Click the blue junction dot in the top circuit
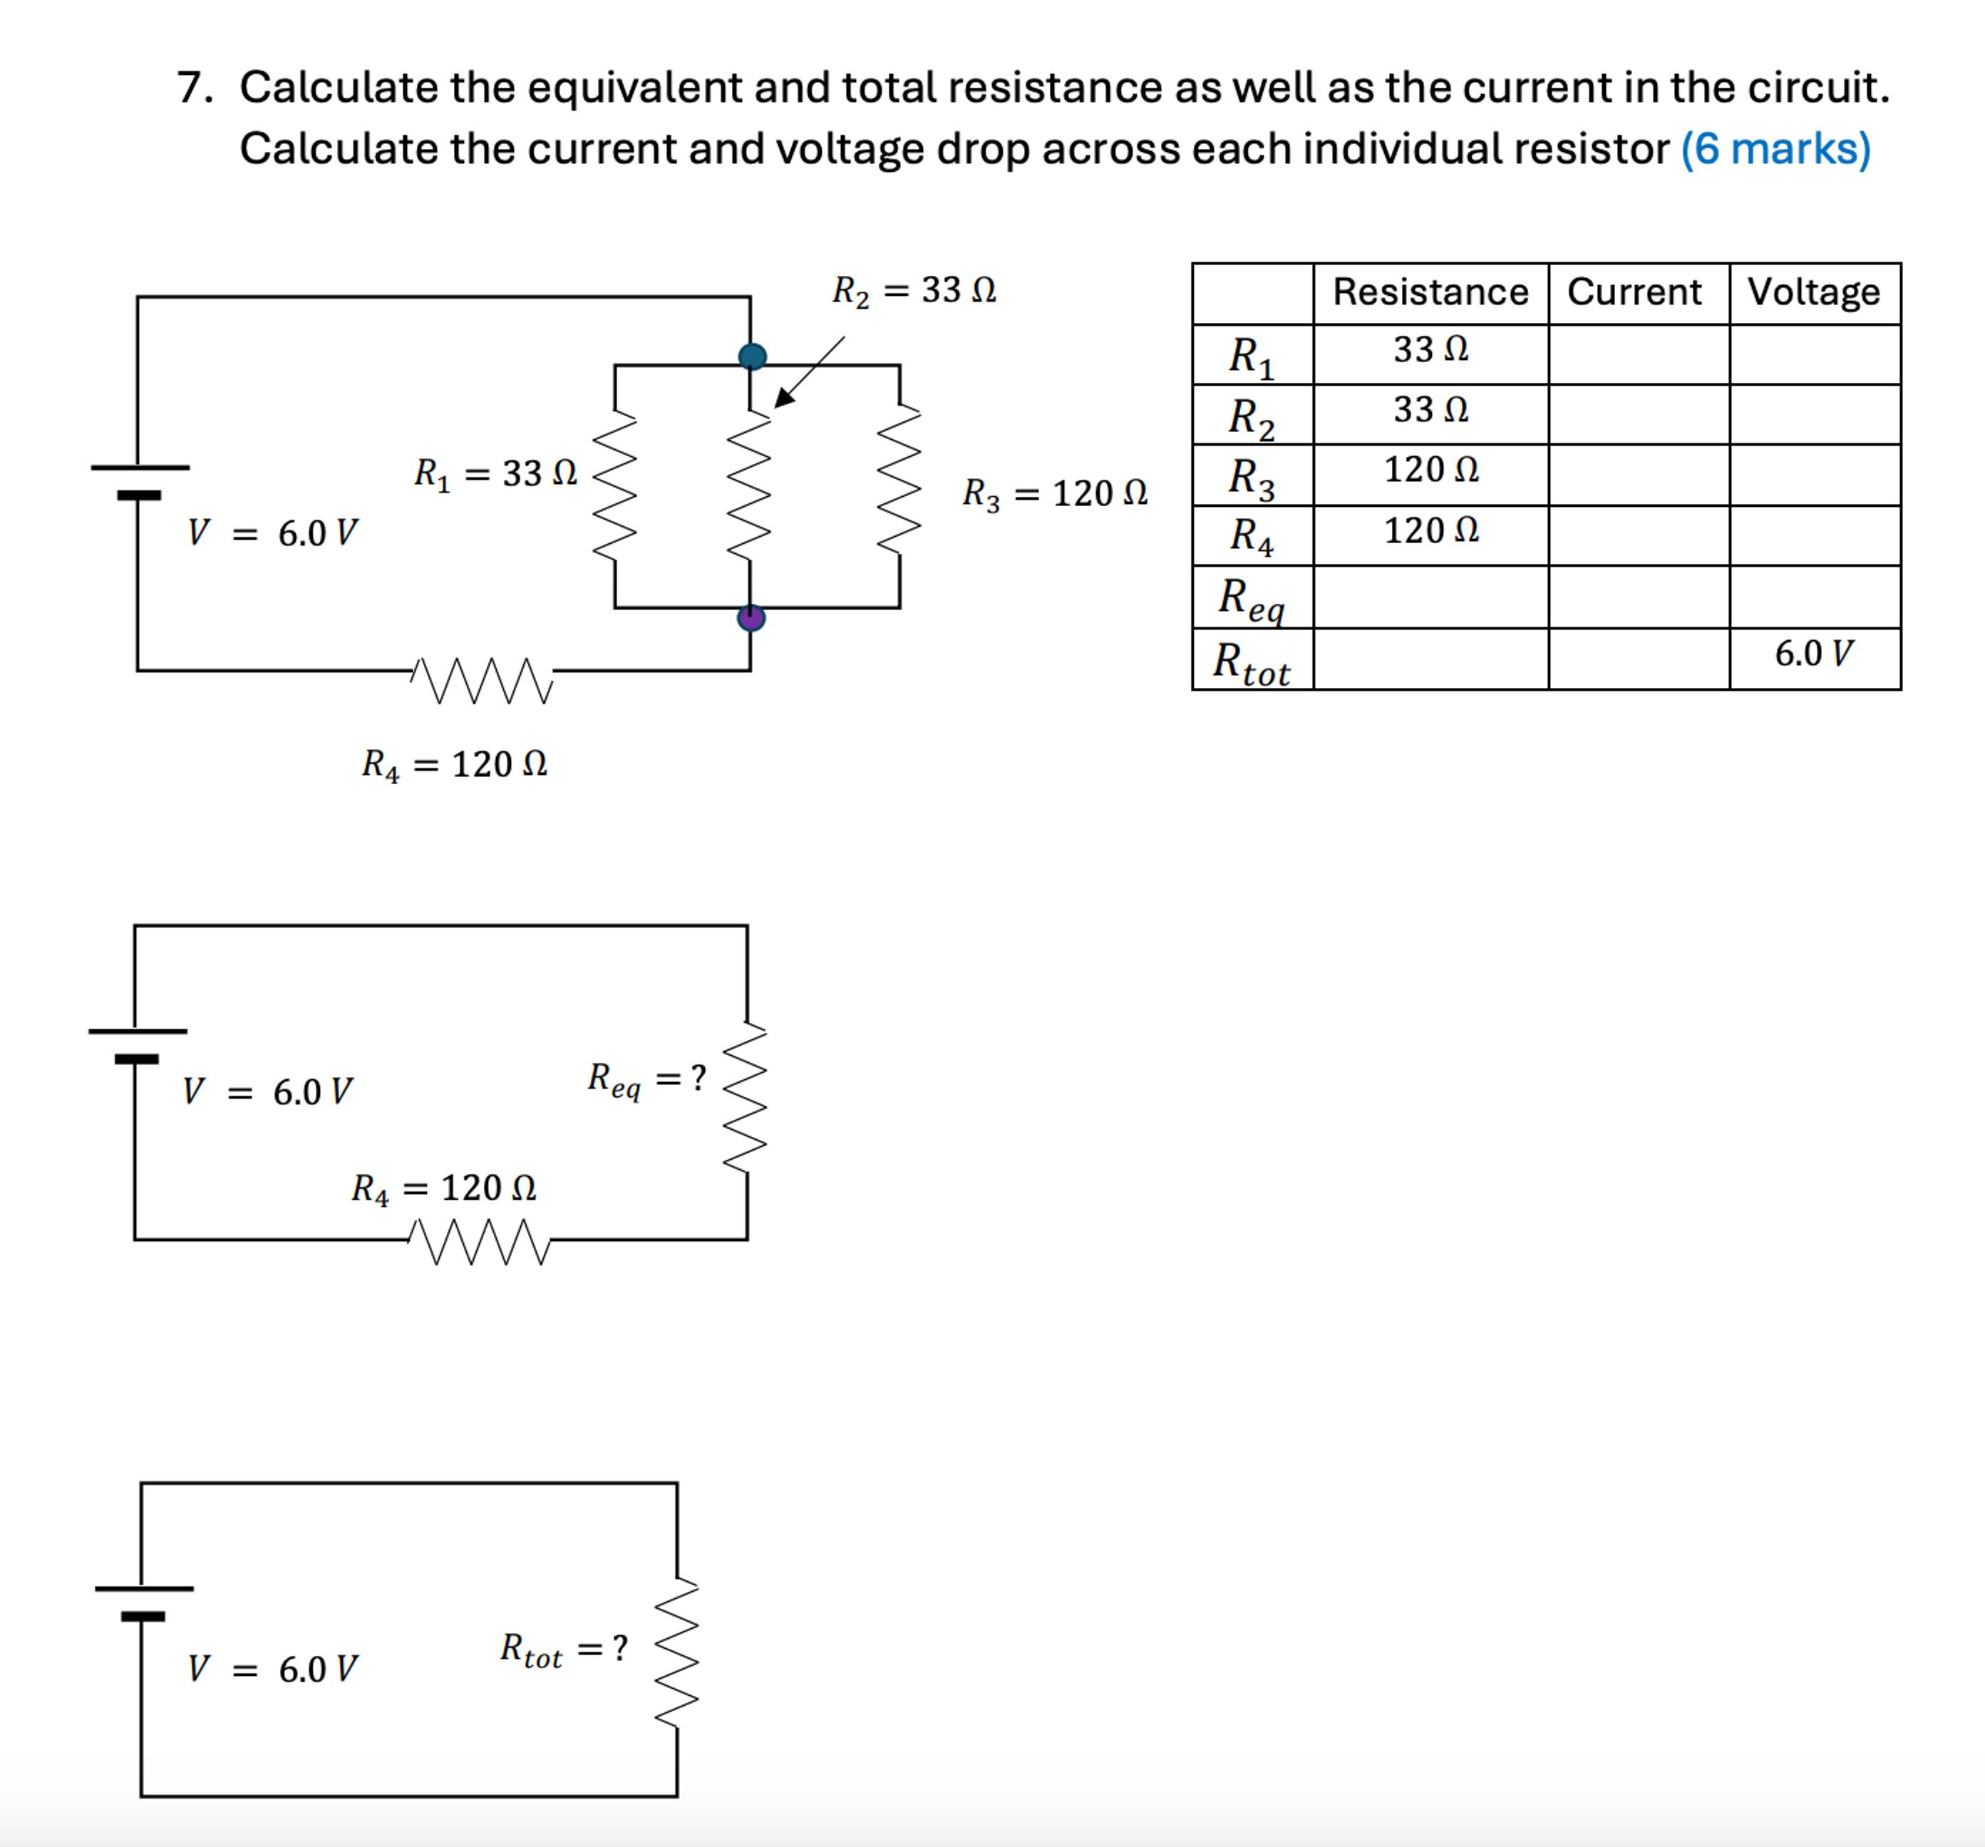coord(752,356)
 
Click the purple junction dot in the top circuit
coord(751,618)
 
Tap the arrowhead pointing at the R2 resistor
coord(785,396)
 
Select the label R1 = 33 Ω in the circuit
coord(495,473)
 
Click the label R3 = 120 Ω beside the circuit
coord(1054,493)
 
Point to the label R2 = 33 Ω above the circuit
coord(914,291)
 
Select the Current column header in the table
coord(1634,292)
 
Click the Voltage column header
coord(1813,292)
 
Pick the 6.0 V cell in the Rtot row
coord(1813,654)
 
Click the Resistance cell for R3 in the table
coord(1430,470)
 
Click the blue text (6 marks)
coord(1775,149)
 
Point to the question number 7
coord(194,88)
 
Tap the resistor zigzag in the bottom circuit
coord(676,1652)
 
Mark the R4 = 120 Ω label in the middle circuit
coord(443,1188)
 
